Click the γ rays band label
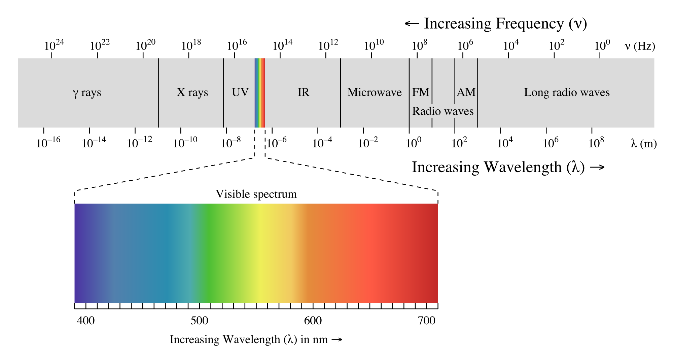coord(87,93)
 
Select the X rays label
coord(192,93)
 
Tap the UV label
coord(240,93)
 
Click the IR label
coord(303,93)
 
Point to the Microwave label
coord(374,93)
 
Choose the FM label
coord(421,93)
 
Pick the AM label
coord(466,93)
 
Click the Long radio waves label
coord(567,93)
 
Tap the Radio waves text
coord(443,111)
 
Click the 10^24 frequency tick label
coord(54,45)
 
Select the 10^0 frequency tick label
coord(602,45)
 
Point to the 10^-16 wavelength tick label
coord(48,143)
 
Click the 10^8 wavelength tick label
coord(596,143)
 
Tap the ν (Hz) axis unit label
coord(640,46)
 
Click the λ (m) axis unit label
coord(644,144)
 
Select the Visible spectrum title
coord(256,194)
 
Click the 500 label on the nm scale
coord(199,321)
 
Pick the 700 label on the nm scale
coord(426,321)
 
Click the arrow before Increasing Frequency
coord(412,24)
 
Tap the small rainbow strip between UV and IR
coord(260,93)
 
